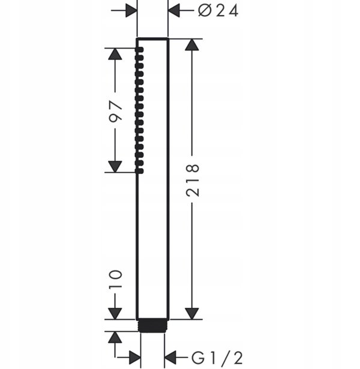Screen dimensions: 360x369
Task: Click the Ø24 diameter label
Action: pyautogui.click(x=218, y=11)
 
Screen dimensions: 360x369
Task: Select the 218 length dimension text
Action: pyautogui.click(x=193, y=180)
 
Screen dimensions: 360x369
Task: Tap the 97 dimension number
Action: pyautogui.click(x=116, y=110)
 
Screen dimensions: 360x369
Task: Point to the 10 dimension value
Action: pyautogui.click(x=116, y=279)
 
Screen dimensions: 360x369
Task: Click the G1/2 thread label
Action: pyautogui.click(x=217, y=358)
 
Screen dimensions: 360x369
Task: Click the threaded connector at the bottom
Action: pyautogui.click(x=152, y=326)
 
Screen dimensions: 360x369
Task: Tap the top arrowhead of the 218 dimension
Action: pyautogui.click(x=192, y=45)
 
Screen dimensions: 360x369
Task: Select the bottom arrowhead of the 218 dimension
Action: pyautogui.click(x=192, y=313)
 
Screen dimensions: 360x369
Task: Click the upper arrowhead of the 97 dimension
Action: pyautogui.click(x=115, y=54)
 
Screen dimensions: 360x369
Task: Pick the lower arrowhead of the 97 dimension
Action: pyautogui.click(x=115, y=167)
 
